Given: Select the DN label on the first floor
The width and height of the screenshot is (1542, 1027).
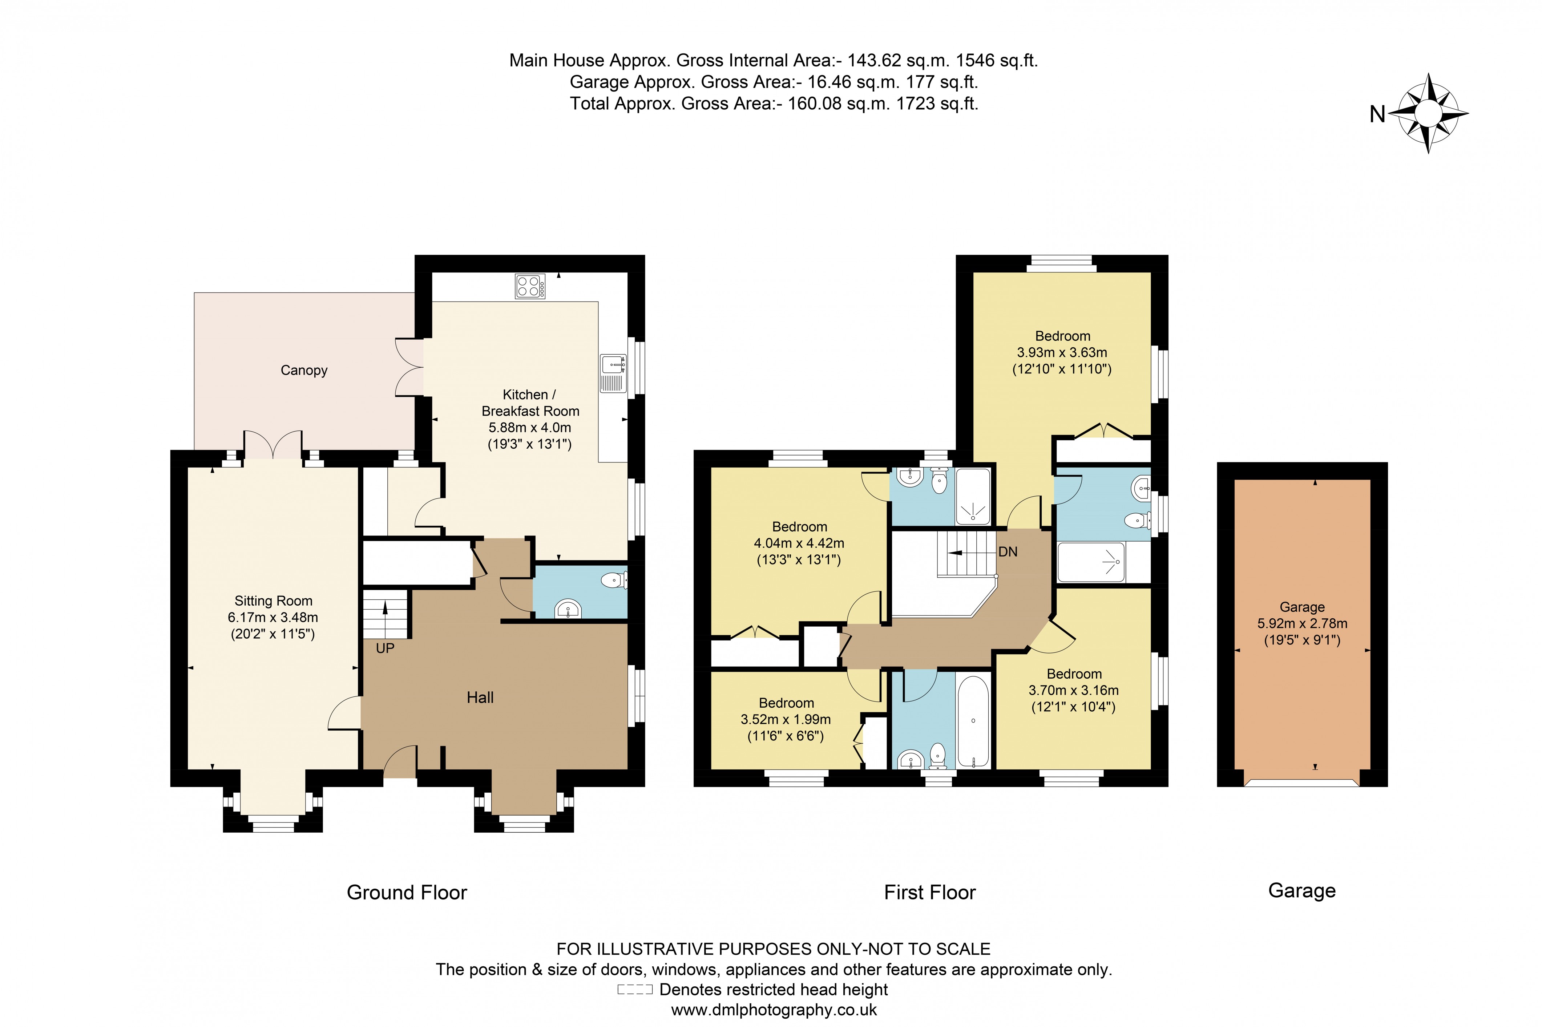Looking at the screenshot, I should pos(1008,551).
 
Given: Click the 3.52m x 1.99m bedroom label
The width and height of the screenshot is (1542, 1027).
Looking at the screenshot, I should pos(786,719).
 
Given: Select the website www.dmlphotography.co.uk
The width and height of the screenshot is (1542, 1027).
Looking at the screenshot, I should pos(774,1009).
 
